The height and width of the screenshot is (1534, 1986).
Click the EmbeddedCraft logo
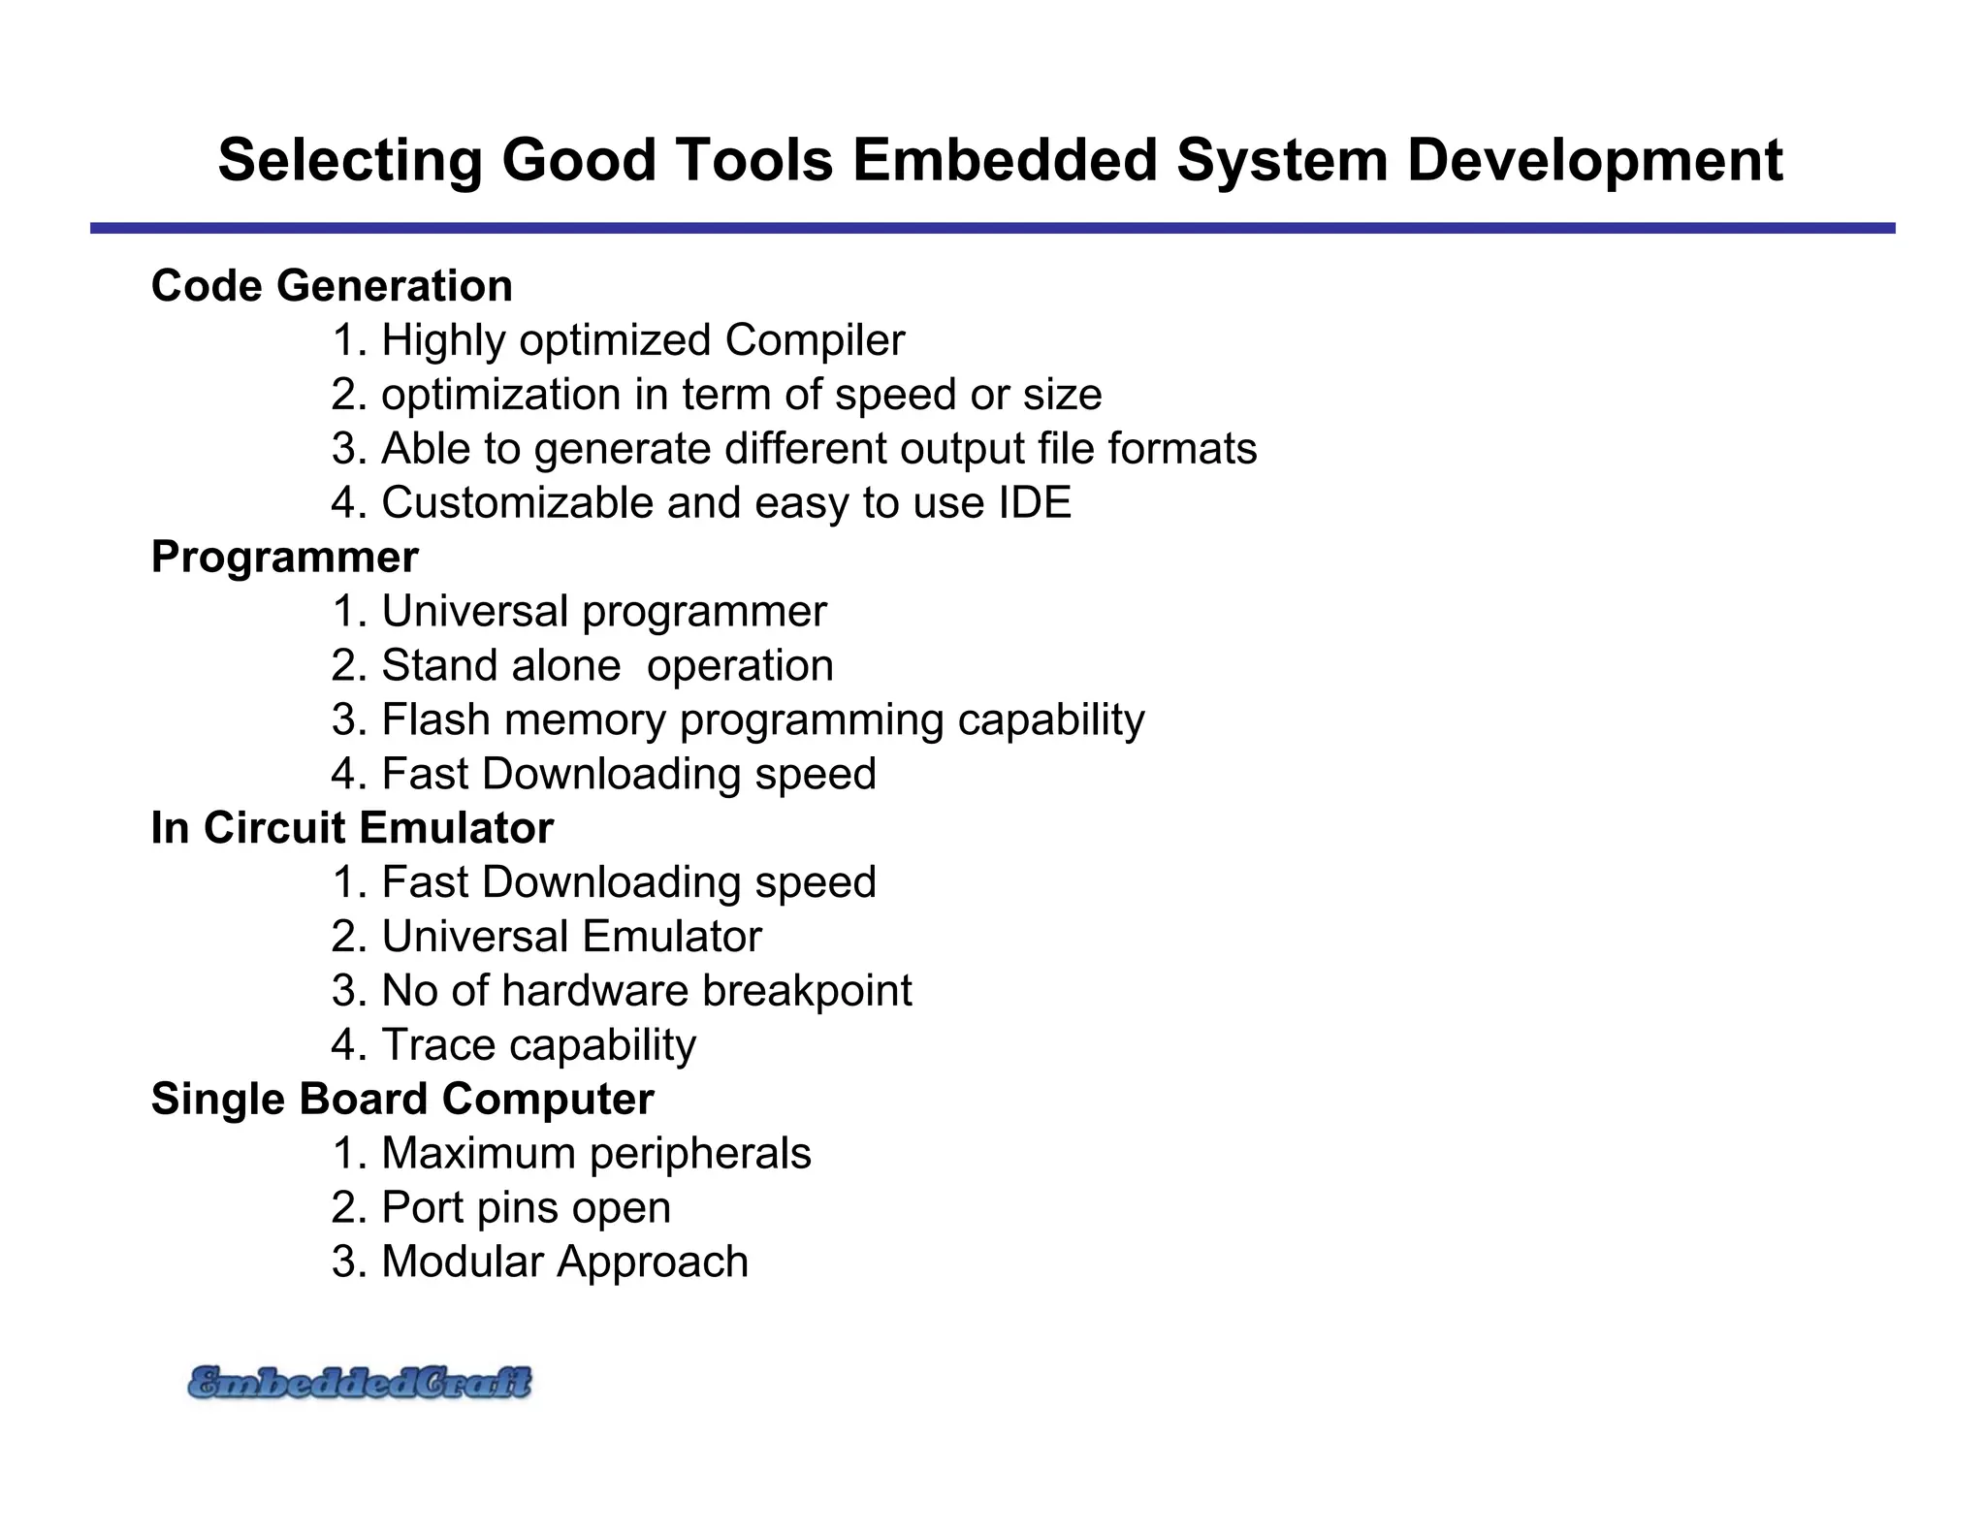click(x=359, y=1383)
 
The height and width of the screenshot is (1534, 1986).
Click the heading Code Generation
click(x=332, y=286)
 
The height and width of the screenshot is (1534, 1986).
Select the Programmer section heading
click(x=285, y=558)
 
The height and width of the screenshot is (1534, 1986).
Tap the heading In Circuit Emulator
click(x=352, y=828)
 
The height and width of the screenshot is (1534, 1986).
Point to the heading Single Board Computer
click(x=402, y=1099)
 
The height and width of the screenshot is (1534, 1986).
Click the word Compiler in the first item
click(x=815, y=340)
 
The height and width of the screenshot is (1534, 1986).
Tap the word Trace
click(x=438, y=1045)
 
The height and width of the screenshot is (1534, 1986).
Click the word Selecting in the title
click(x=350, y=160)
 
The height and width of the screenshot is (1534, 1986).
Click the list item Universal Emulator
click(x=547, y=937)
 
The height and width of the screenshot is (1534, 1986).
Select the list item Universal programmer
click(x=579, y=612)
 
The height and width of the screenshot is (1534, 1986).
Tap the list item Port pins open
click(x=501, y=1208)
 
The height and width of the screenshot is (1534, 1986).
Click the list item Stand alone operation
click(x=582, y=666)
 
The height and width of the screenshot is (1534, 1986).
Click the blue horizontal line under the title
click(x=992, y=228)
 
